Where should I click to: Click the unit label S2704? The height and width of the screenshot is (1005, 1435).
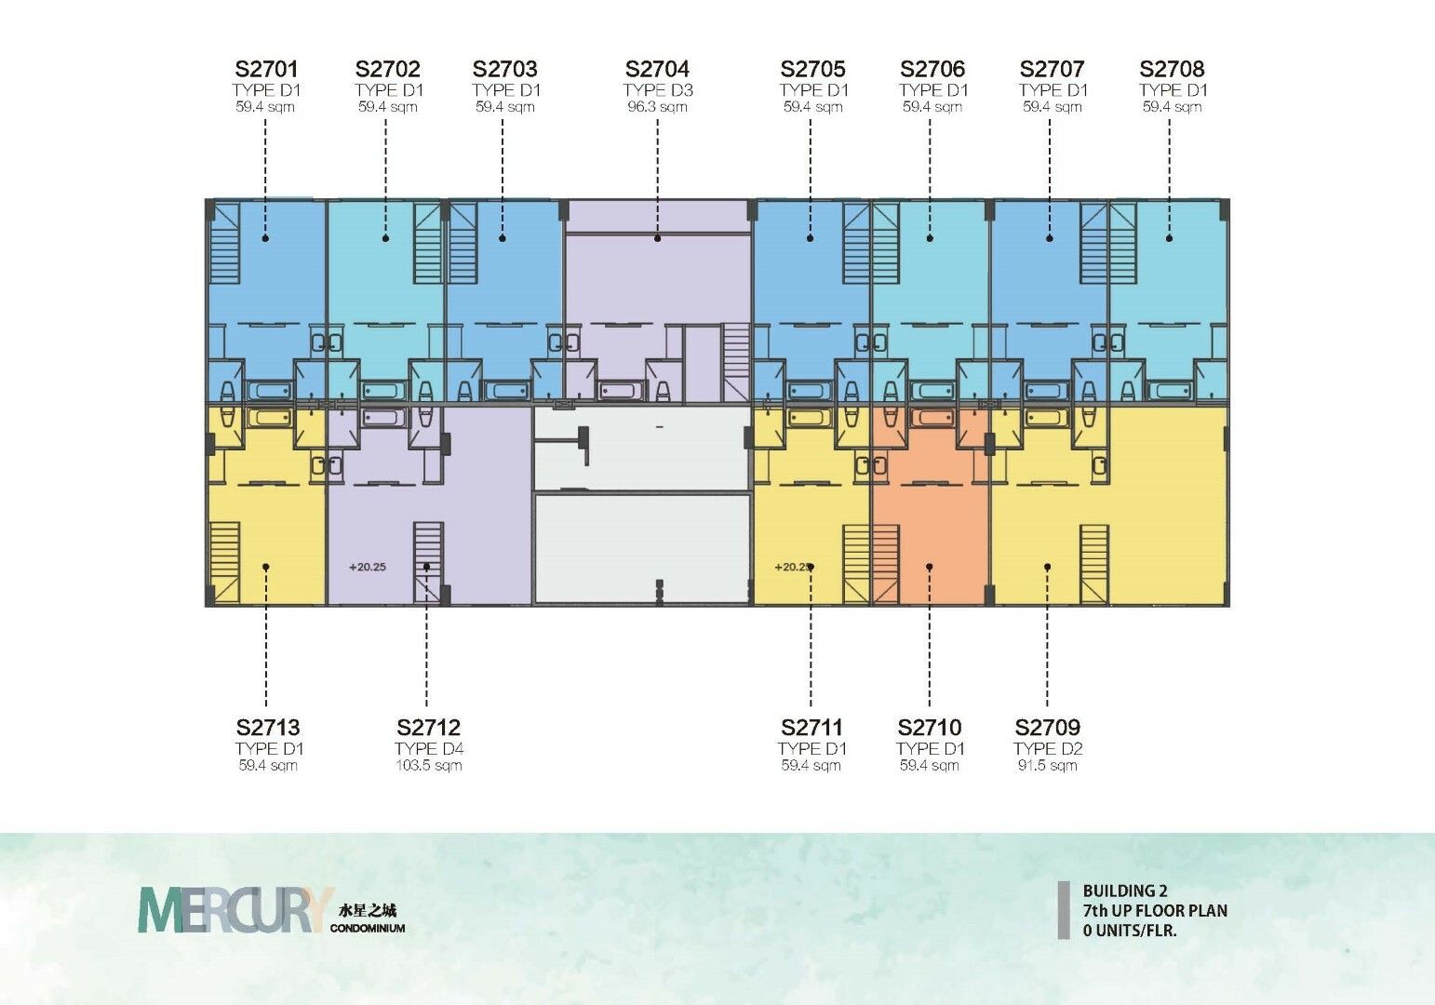pos(657,69)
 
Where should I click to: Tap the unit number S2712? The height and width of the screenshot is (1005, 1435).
pos(429,727)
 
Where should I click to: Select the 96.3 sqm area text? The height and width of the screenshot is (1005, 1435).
pos(657,106)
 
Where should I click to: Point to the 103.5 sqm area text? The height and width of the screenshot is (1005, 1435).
pos(429,765)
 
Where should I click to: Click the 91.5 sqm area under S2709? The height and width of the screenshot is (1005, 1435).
pos(1048,765)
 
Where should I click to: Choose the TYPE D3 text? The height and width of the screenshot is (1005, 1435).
pos(658,90)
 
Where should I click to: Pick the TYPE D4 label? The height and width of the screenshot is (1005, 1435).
pos(429,748)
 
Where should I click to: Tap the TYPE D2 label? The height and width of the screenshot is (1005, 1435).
pos(1048,748)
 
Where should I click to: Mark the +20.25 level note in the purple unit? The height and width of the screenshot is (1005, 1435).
pos(367,567)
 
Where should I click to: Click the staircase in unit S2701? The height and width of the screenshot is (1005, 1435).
pos(224,244)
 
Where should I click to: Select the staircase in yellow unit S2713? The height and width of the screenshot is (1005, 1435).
pos(225,563)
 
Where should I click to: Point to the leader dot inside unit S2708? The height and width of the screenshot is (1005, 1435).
pos(1169,238)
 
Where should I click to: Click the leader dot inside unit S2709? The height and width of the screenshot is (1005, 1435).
pos(1048,567)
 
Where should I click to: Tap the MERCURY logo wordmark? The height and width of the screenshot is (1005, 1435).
pos(236,909)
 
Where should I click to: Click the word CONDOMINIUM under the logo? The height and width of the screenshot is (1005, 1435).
pos(368,928)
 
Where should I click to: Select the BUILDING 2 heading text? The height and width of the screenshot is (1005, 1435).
pos(1126,891)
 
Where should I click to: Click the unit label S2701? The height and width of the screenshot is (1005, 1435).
pos(266,69)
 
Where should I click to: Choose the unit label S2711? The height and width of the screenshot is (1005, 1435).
pos(811,727)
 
